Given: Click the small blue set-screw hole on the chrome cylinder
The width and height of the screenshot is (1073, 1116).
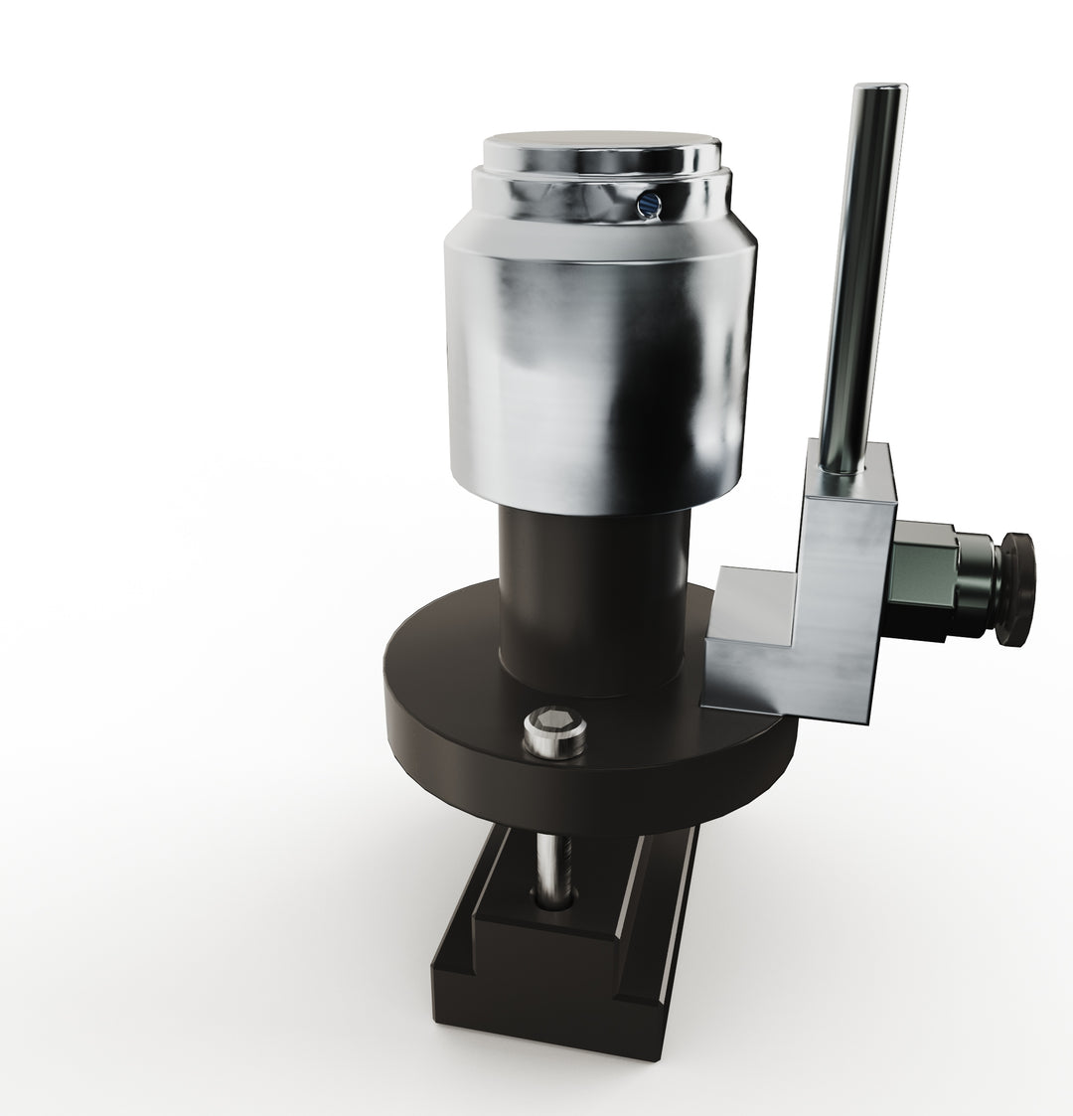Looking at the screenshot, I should (647, 204).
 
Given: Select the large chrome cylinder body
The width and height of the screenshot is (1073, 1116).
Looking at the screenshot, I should (596, 368).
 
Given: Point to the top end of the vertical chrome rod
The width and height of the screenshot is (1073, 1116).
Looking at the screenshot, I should (871, 94).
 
